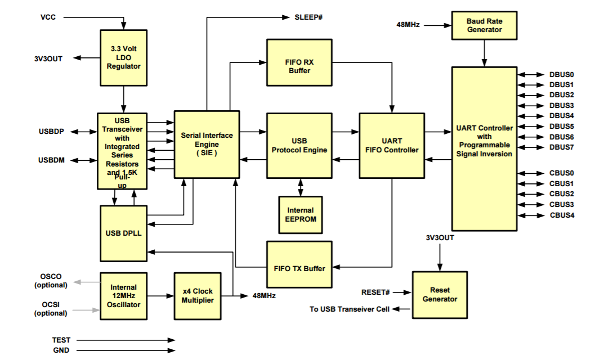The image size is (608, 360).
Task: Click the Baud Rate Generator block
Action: (484, 25)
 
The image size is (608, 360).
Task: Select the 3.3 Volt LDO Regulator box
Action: (124, 58)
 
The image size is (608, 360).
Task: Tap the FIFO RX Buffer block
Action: (299, 62)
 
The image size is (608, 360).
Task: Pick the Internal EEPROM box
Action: (301, 215)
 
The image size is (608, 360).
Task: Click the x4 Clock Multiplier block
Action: (198, 296)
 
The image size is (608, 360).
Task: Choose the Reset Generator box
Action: (440, 295)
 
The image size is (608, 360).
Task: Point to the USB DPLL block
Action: (124, 233)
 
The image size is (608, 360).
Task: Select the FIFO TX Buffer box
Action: (299, 264)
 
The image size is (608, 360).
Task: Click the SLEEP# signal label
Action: (309, 17)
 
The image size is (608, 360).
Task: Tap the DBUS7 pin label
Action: (561, 147)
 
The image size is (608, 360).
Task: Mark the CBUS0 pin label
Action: (561, 173)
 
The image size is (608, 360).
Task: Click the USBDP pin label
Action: (51, 132)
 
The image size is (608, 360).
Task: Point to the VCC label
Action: (48, 17)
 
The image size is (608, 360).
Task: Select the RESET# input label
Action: (375, 292)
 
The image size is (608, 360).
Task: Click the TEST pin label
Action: (61, 340)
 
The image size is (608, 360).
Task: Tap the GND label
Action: (61, 350)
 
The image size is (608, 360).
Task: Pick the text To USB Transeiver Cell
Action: (350, 309)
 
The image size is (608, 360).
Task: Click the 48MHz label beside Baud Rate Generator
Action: (408, 25)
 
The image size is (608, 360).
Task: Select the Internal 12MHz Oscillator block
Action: (124, 296)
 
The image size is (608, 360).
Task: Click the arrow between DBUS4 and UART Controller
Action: (531, 116)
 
